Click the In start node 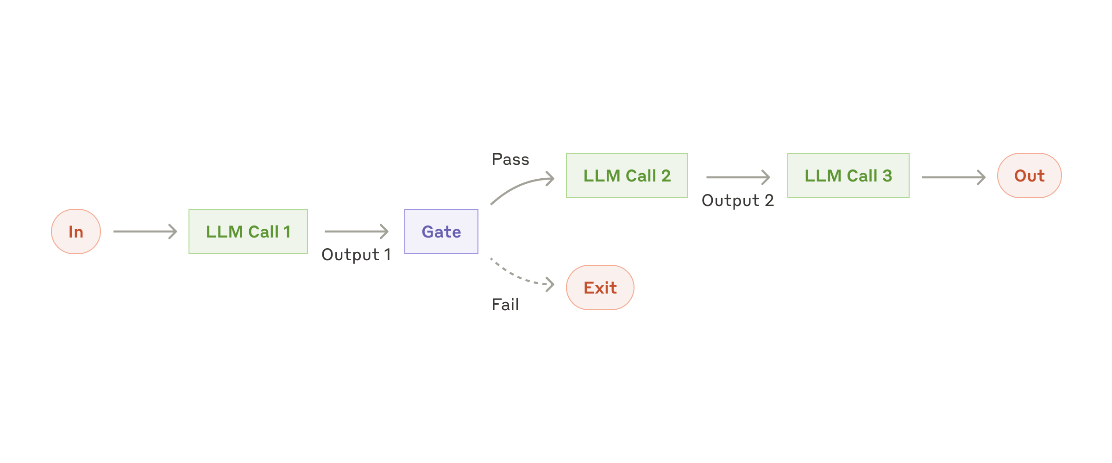click(76, 231)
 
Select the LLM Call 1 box click(248, 231)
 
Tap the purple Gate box click(441, 231)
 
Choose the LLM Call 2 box click(627, 175)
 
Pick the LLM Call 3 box click(848, 175)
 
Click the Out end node click(1029, 175)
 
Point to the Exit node click(600, 288)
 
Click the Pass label click(510, 159)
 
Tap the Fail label click(505, 305)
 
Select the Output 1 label click(356, 255)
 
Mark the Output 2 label click(737, 200)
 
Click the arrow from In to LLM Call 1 click(145, 231)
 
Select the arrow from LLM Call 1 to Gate click(356, 231)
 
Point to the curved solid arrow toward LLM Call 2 click(519, 186)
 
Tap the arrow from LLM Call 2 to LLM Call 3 click(737, 177)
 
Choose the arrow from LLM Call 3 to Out click(953, 177)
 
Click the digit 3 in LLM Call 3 click(887, 175)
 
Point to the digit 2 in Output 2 click(769, 200)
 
